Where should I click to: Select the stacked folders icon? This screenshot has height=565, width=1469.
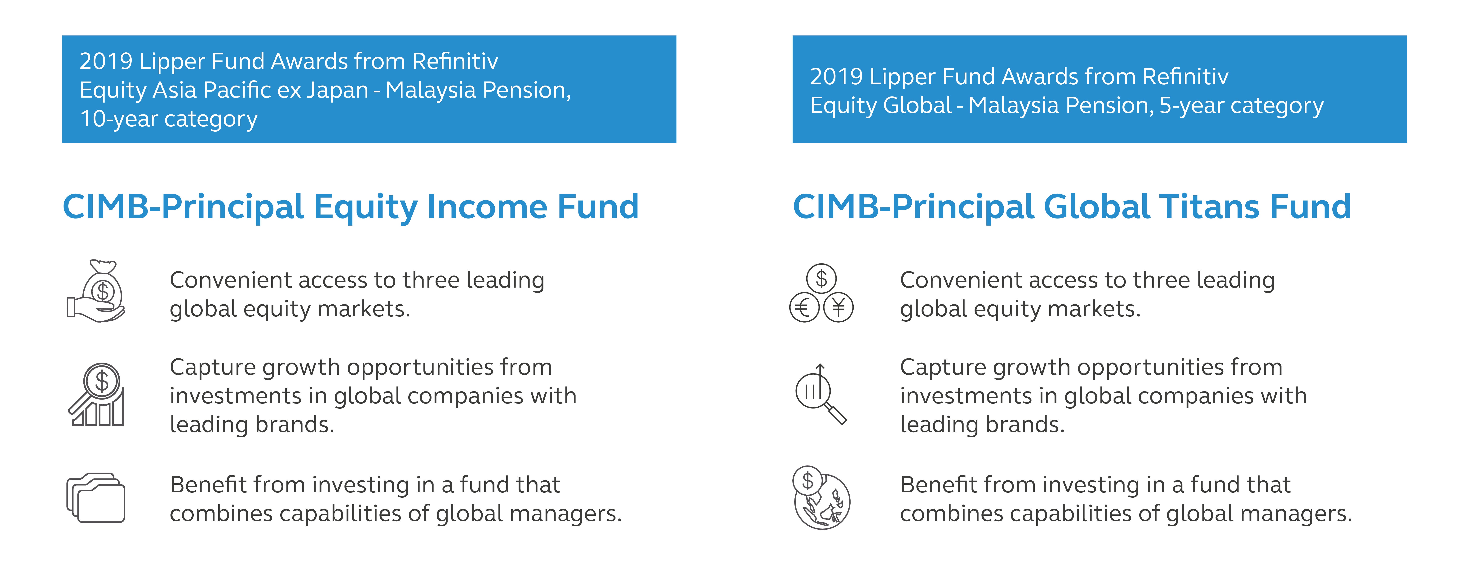(x=96, y=498)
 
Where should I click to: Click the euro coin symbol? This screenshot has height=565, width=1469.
(x=804, y=308)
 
